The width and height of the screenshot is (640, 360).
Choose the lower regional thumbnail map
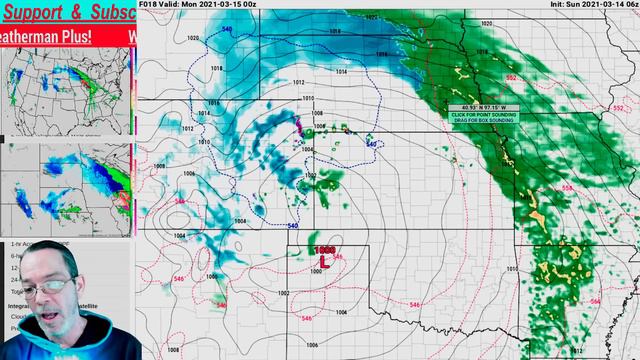click(68, 190)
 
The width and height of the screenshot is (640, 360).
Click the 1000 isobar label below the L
click(316, 272)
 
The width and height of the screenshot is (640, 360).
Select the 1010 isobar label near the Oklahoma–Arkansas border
click(510, 270)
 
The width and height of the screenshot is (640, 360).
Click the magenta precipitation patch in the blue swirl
click(297, 126)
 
